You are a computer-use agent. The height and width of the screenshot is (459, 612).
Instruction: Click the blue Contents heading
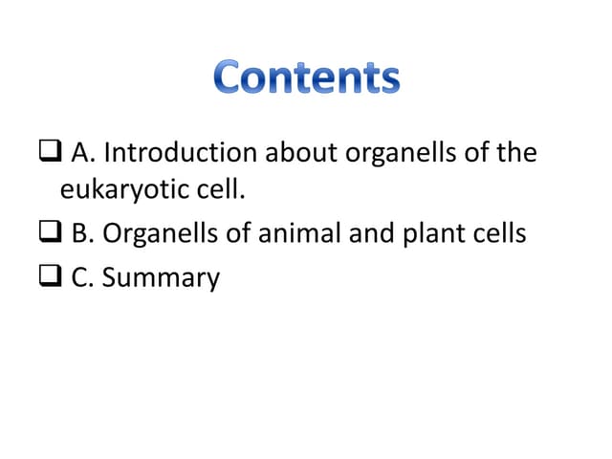(306, 77)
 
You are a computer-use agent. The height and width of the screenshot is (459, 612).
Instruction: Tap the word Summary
(161, 278)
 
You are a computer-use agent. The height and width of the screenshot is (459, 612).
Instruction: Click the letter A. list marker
(83, 152)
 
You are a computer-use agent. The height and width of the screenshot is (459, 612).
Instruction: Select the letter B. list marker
(83, 232)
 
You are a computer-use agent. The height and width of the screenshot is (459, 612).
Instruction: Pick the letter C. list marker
(83, 278)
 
